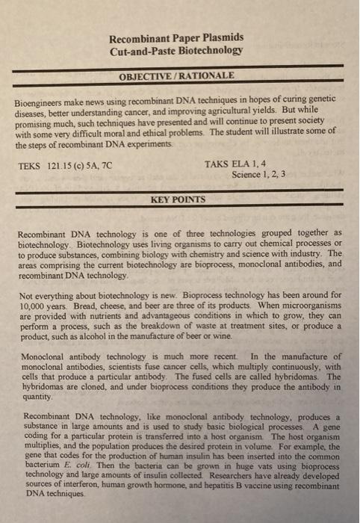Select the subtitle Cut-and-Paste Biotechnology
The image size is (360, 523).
pos(176,51)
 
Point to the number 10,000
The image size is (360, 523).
pos(34,306)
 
